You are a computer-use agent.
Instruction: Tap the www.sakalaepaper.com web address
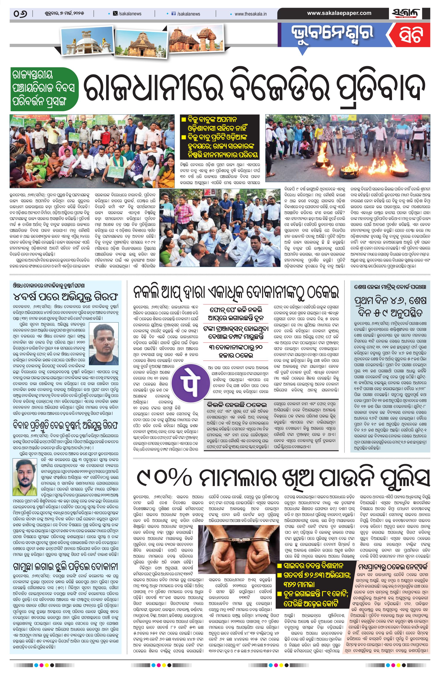339,13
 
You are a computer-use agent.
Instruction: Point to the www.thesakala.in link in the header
250,14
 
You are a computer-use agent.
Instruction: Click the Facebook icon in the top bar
174,14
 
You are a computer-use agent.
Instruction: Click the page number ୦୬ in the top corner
20,14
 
